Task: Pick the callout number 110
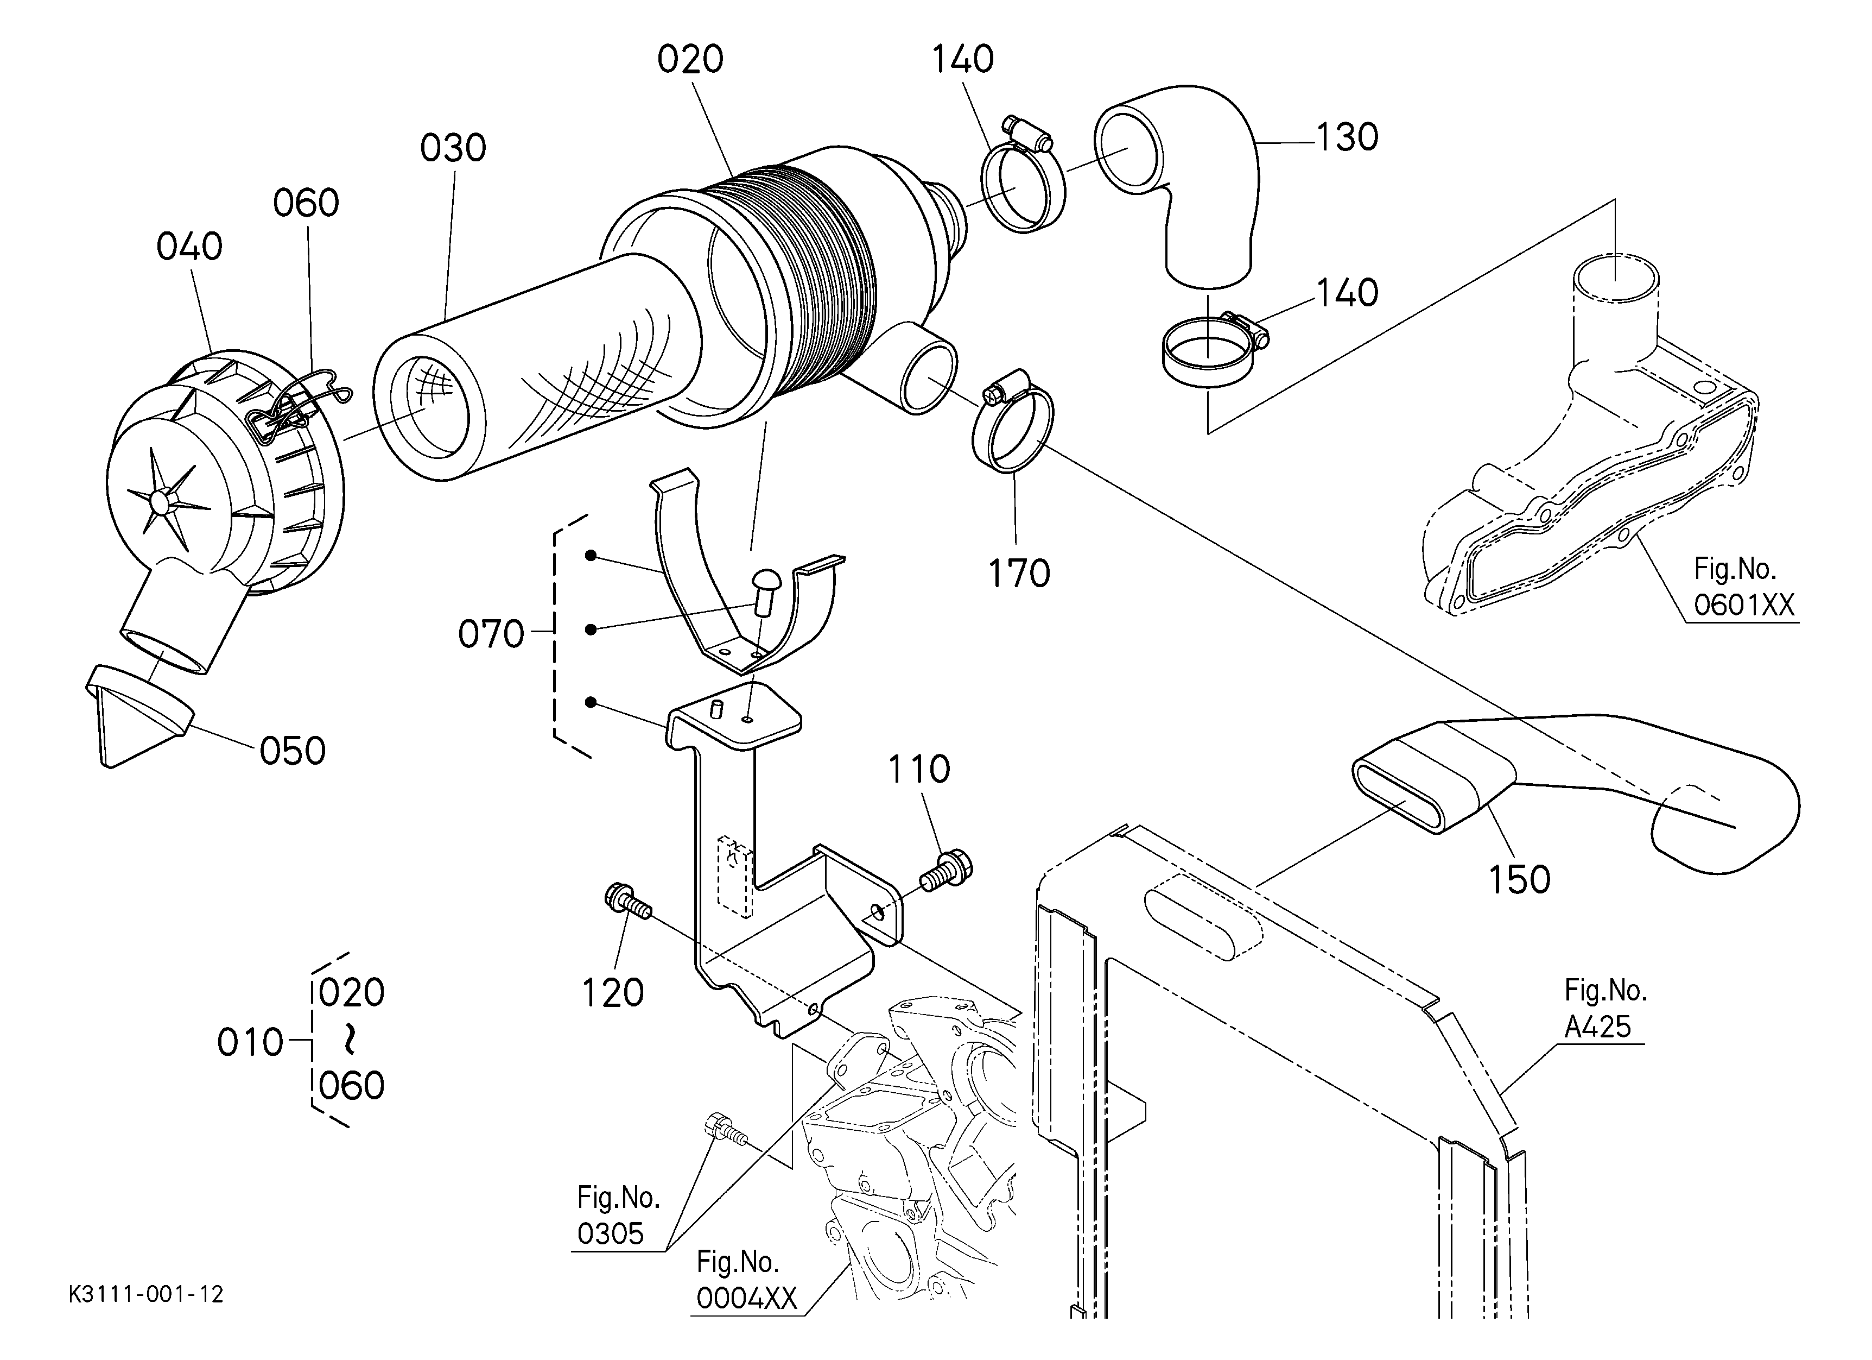pos(919,770)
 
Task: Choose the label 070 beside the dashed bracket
pos(491,635)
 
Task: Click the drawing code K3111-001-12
pos(146,1294)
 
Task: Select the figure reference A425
pos(1598,1027)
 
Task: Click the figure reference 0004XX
pos(747,1299)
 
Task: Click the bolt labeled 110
pos(948,872)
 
